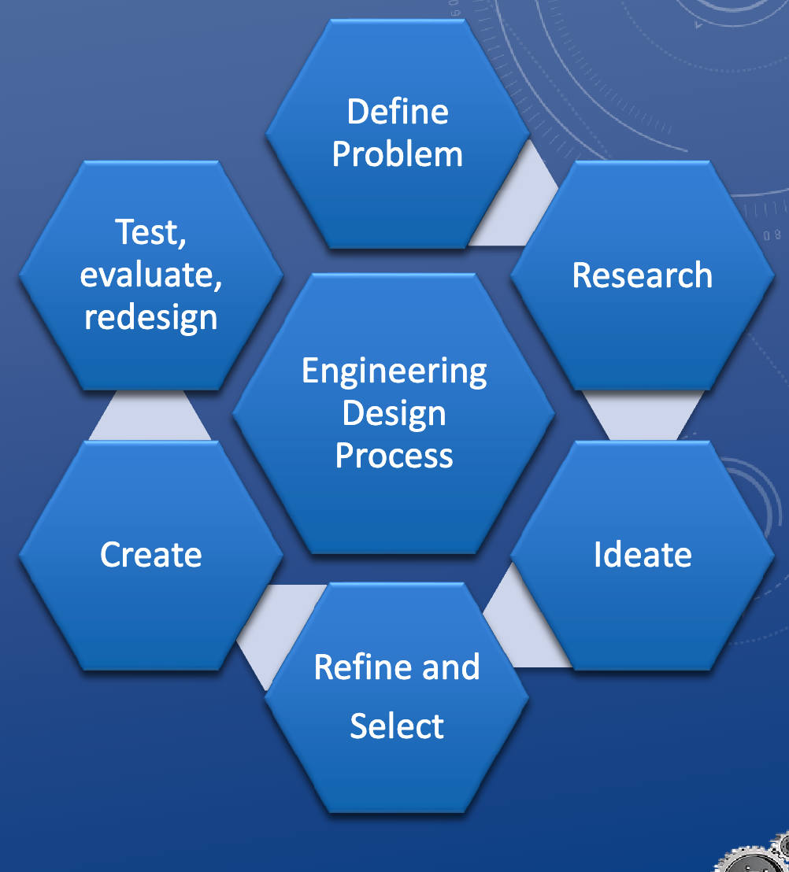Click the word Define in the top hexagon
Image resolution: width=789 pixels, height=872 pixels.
click(x=397, y=112)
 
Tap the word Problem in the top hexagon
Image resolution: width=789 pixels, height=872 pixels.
click(x=397, y=154)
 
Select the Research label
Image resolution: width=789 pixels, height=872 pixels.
click(x=642, y=275)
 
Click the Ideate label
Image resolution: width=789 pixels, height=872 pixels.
click(x=643, y=555)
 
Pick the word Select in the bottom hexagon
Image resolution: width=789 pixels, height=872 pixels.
click(x=397, y=726)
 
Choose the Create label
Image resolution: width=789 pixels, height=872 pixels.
click(x=151, y=555)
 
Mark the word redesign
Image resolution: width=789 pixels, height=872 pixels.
click(x=151, y=317)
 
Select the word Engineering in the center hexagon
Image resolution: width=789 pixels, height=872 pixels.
click(x=394, y=371)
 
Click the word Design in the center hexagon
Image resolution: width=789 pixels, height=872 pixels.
click(x=394, y=413)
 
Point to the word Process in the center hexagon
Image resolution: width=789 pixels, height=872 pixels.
click(x=394, y=456)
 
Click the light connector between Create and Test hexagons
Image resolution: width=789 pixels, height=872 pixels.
click(x=150, y=416)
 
